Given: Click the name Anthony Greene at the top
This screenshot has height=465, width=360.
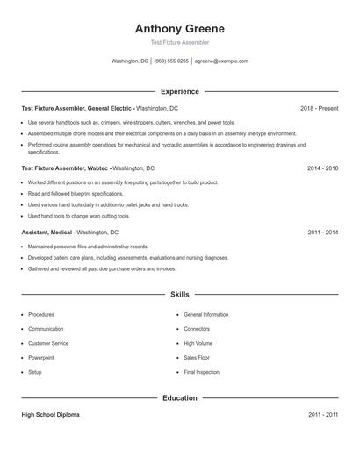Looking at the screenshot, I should pyautogui.click(x=180, y=28).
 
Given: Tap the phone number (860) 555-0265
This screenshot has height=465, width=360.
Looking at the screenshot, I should pyautogui.click(x=171, y=61).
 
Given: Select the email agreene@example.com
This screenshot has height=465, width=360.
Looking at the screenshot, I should pyautogui.click(x=221, y=61).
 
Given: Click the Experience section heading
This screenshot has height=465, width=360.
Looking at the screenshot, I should pyautogui.click(x=180, y=91).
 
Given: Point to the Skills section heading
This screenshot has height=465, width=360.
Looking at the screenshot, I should pyautogui.click(x=180, y=295).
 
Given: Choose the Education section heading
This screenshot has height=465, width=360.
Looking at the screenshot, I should pyautogui.click(x=180, y=397).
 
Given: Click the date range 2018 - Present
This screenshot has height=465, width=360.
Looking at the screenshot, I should pyautogui.click(x=319, y=108).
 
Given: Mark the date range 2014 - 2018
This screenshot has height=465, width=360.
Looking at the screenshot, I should pyautogui.click(x=323, y=168).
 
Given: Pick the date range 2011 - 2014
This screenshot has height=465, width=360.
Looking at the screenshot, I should pyautogui.click(x=323, y=232).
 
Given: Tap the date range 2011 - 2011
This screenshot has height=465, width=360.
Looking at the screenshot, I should pyautogui.click(x=323, y=415).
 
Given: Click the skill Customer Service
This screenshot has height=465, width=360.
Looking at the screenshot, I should pyautogui.click(x=48, y=343).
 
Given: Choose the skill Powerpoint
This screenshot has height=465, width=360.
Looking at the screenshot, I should pyautogui.click(x=41, y=358).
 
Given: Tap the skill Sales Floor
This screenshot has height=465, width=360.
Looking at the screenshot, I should pyautogui.click(x=197, y=358).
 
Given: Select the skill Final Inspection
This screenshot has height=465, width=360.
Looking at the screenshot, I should pyautogui.click(x=202, y=372).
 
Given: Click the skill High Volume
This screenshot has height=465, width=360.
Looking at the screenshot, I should pyautogui.click(x=198, y=343).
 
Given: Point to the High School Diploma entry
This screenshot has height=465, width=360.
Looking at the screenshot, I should pyautogui.click(x=50, y=415).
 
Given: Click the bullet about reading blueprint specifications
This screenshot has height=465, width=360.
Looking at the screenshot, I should pyautogui.click(x=76, y=193).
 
